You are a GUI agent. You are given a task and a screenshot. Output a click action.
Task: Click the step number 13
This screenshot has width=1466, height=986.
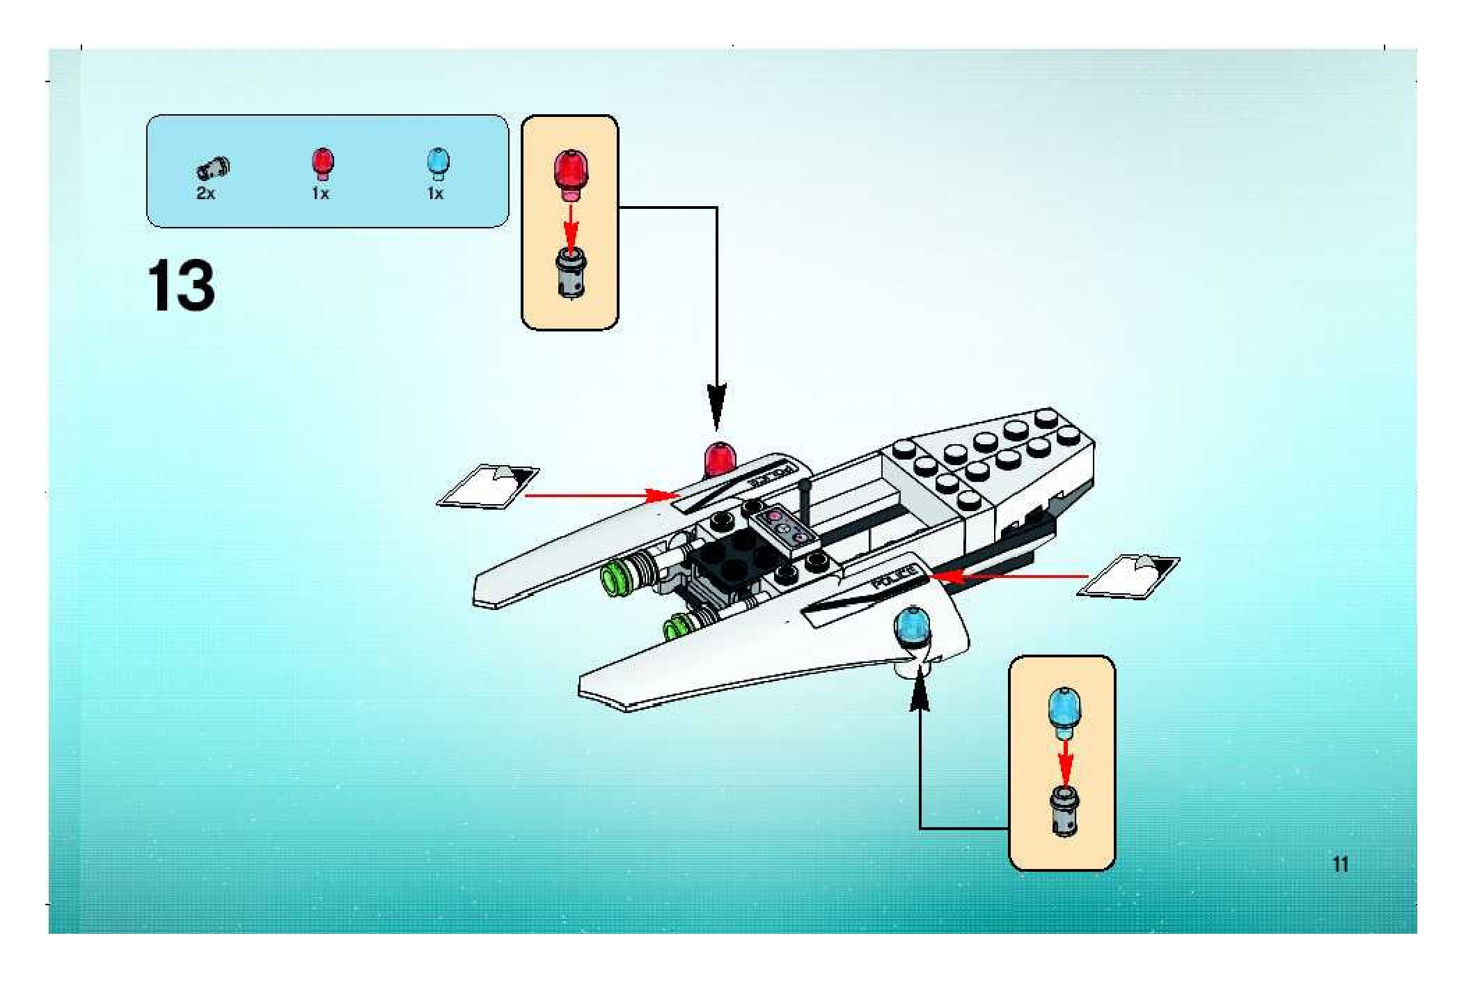click(x=181, y=285)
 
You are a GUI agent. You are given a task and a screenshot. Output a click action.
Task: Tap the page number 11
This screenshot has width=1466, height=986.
click(x=1341, y=864)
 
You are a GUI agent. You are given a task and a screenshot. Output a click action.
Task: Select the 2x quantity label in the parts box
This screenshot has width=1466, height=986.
click(x=205, y=194)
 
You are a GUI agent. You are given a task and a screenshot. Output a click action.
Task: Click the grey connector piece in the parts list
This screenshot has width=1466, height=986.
click(x=214, y=168)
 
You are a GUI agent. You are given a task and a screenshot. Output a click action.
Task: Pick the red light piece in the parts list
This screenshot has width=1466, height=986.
click(x=322, y=163)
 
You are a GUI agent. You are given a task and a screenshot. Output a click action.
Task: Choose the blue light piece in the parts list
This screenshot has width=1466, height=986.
click(x=437, y=163)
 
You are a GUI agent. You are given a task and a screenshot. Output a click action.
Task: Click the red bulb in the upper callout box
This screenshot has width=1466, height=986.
click(x=571, y=174)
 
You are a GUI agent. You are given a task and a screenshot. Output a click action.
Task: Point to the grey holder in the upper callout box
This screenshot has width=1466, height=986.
click(x=571, y=275)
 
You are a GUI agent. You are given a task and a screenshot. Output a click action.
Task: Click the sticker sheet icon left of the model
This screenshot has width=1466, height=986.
click(x=488, y=485)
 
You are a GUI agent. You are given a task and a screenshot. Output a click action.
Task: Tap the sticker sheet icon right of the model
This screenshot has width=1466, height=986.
click(x=1128, y=576)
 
